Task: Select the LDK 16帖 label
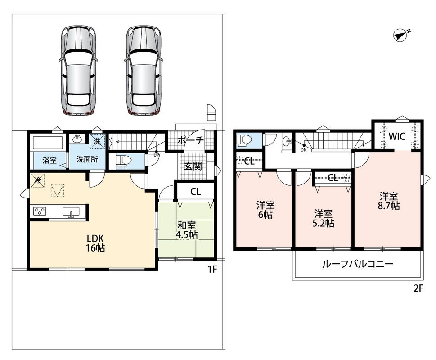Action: click(95, 243)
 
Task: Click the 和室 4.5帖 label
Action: click(187, 230)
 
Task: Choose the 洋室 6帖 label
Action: click(265, 210)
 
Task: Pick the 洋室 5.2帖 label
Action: click(323, 219)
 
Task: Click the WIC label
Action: click(397, 136)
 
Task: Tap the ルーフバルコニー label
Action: click(358, 264)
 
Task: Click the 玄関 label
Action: click(193, 166)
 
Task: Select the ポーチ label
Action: click(191, 140)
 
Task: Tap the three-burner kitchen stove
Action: click(40, 211)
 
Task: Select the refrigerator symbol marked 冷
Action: click(37, 180)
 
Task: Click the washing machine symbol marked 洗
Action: click(97, 141)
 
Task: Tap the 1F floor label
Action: click(212, 269)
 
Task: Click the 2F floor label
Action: click(418, 288)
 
